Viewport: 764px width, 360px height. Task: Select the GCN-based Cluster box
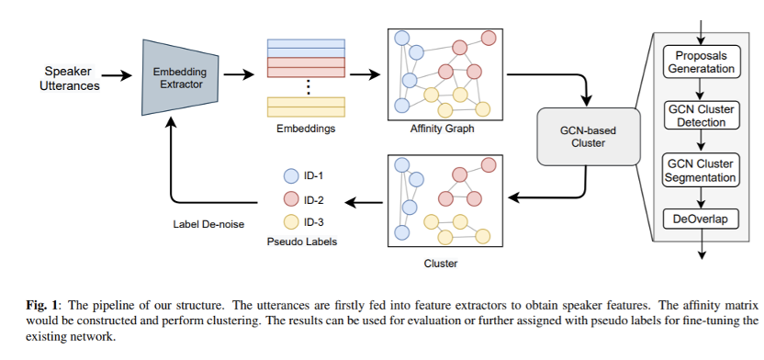[588, 137]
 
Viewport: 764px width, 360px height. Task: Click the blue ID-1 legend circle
[291, 175]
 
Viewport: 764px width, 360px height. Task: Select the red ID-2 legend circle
[291, 199]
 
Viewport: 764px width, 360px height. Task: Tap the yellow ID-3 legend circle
[291, 222]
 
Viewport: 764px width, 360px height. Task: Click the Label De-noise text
[208, 225]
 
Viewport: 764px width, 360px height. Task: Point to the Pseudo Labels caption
[302, 242]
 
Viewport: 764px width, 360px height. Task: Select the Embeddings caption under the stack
[306, 129]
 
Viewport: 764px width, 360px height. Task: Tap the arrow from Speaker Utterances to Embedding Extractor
[117, 75]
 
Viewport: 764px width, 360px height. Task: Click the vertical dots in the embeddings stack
[308, 87]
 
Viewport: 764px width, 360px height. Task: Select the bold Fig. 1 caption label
[42, 306]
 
